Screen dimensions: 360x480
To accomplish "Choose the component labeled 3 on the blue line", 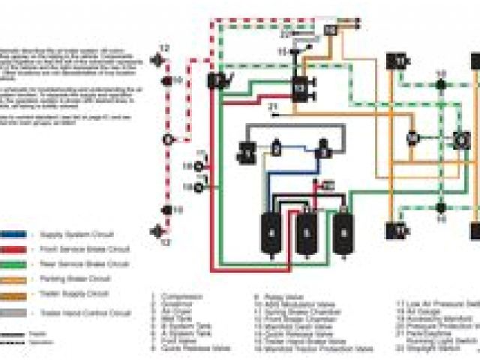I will pos(323,148).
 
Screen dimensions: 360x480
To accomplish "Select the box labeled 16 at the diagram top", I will pos(330,30).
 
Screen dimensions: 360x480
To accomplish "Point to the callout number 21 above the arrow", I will pos(273,107).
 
